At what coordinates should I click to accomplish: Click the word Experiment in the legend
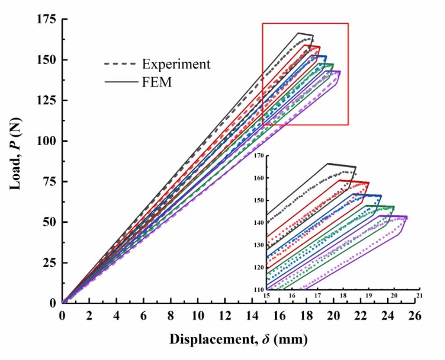coord(176,64)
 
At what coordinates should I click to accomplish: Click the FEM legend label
coord(157,82)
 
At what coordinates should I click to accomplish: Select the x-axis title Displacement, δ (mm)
coord(239,339)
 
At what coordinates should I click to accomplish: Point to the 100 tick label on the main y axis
coord(47,141)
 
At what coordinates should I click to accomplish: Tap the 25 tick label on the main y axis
coord(50,262)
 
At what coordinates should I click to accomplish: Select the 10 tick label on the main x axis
coord(198,317)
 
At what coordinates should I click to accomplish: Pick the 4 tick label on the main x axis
coord(116,317)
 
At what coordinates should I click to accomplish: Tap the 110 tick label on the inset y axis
coord(259,289)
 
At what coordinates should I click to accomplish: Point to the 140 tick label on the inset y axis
coord(259,222)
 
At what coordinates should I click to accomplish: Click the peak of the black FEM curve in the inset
coord(328,163)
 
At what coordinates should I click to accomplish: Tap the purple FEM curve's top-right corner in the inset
coord(407,216)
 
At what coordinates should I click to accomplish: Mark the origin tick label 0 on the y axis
coord(53,303)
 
